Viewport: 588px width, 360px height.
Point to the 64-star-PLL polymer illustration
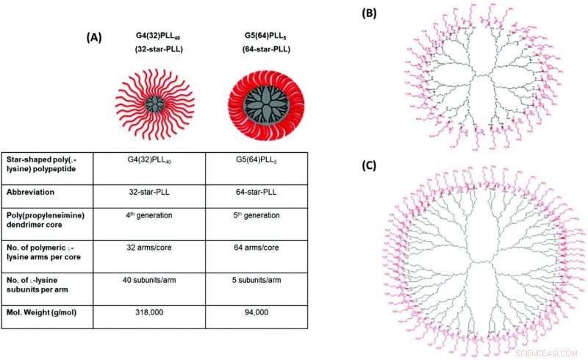pos(253,104)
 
